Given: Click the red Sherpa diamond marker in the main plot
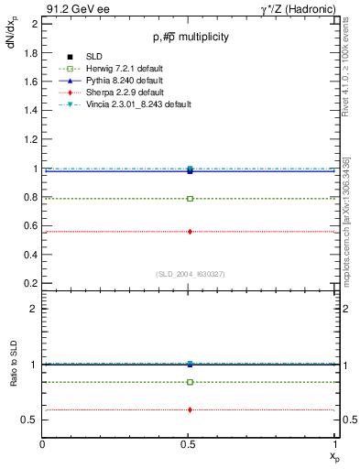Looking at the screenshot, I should tap(190, 232).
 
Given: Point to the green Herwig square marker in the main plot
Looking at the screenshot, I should tap(190, 198).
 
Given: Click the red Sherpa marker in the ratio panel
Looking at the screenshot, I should tap(190, 409).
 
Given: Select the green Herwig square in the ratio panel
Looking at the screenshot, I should tap(190, 382).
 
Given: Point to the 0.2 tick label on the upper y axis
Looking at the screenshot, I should tap(30, 283).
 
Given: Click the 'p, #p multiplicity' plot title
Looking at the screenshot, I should tap(190, 37).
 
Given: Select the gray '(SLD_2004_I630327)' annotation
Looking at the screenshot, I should tap(190, 273).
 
